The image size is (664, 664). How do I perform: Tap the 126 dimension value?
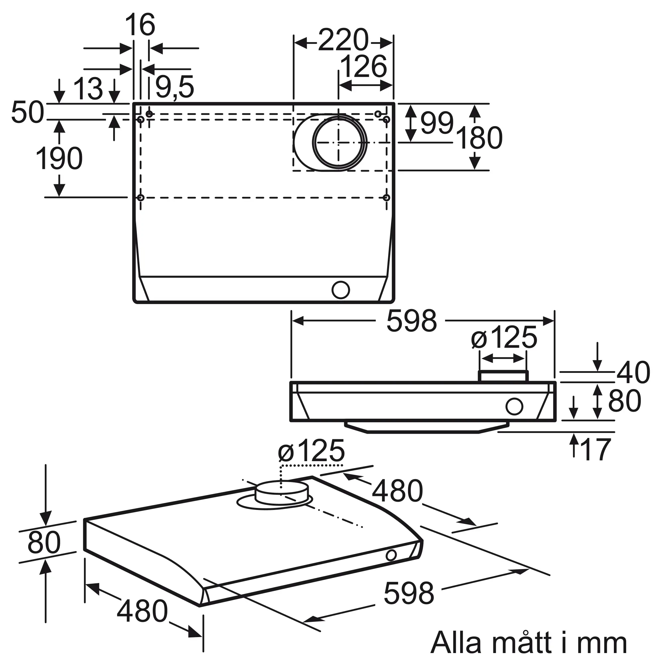click(x=363, y=67)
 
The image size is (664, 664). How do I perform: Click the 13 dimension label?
click(x=88, y=88)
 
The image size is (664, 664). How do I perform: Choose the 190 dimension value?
click(x=59, y=158)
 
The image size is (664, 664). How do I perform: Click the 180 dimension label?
click(x=479, y=138)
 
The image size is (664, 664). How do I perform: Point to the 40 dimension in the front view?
click(x=633, y=372)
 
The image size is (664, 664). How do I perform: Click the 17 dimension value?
click(x=595, y=449)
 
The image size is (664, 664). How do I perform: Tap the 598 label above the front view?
click(x=411, y=321)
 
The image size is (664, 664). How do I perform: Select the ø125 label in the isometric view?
click(x=311, y=450)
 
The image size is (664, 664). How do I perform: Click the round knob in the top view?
click(x=341, y=290)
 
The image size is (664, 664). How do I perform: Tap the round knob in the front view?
click(x=514, y=407)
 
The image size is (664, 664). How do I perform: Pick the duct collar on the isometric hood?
click(x=282, y=493)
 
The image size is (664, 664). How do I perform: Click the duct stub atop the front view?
click(x=503, y=376)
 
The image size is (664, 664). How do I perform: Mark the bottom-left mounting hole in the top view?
click(x=140, y=198)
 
